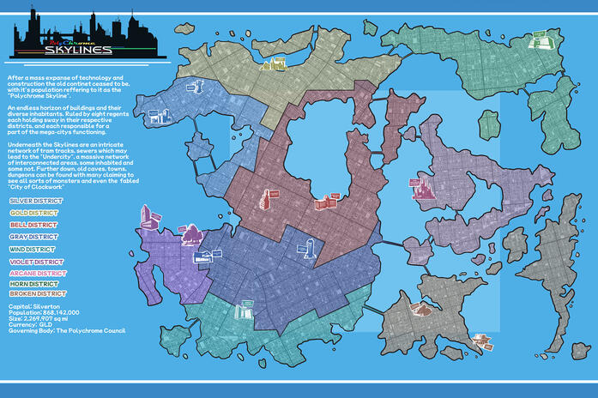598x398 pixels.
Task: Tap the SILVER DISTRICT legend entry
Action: point(34,201)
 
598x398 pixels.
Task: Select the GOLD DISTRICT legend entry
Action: point(33,212)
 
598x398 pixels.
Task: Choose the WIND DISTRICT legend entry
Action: point(33,248)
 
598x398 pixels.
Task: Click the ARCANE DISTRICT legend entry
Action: point(37,272)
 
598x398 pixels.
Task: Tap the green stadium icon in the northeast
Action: point(539,39)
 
